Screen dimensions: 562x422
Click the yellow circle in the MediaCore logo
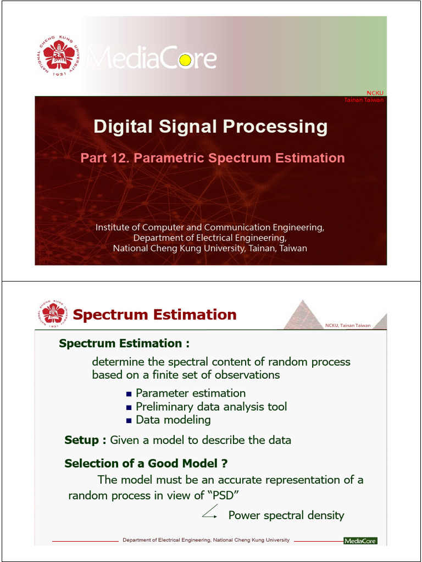[185, 60]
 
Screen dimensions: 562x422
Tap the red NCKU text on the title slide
[375, 93]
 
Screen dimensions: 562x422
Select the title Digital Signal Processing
[210, 127]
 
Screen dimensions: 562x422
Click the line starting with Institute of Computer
[210, 227]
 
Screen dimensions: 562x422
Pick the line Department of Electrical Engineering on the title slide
[210, 238]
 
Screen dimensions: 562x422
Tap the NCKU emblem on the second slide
[53, 314]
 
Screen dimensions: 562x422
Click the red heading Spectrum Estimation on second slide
[154, 315]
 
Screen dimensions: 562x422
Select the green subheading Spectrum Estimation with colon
[124, 344]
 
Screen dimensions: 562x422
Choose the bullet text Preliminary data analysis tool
[211, 407]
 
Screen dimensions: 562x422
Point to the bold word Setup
[85, 440]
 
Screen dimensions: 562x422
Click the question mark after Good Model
[224, 463]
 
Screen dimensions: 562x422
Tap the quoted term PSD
[223, 496]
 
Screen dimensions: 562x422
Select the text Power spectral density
[286, 515]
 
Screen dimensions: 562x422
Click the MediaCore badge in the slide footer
[360, 541]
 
